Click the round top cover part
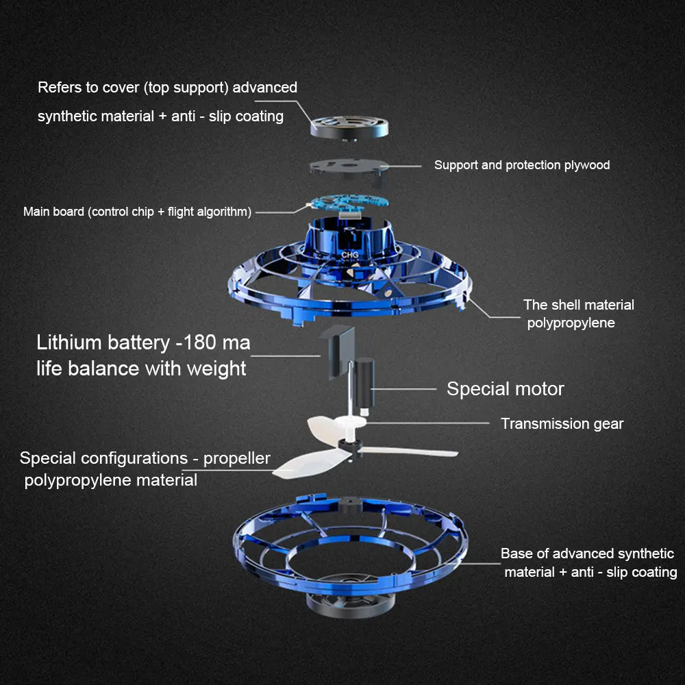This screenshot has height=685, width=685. pos(349,127)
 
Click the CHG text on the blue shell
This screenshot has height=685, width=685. pos(349,255)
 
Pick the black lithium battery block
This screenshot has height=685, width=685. pos(337,351)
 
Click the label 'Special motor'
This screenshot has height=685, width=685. pos(506,389)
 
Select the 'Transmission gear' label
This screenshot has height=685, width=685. pos(562,423)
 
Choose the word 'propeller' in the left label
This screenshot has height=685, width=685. pos(236,459)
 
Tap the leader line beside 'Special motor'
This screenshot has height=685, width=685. pos(403,389)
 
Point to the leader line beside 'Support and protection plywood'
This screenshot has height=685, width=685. pos(401,166)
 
